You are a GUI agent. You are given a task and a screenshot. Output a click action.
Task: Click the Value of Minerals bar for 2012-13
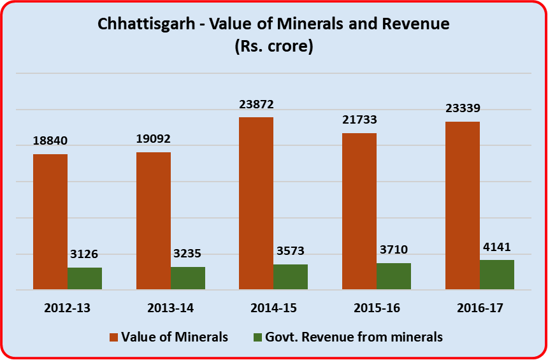[x=50, y=222]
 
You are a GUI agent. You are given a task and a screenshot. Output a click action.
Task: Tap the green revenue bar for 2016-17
[x=497, y=275]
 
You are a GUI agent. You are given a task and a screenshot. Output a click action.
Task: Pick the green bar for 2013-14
[x=188, y=278]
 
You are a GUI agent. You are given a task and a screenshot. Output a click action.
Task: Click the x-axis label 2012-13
[x=68, y=308]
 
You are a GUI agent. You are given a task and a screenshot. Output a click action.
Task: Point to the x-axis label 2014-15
[x=273, y=308]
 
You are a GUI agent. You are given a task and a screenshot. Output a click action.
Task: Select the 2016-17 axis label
[x=480, y=308]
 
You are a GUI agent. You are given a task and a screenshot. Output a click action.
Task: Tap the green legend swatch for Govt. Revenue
[x=258, y=337]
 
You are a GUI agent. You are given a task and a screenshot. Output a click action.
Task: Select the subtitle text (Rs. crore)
[x=273, y=47]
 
